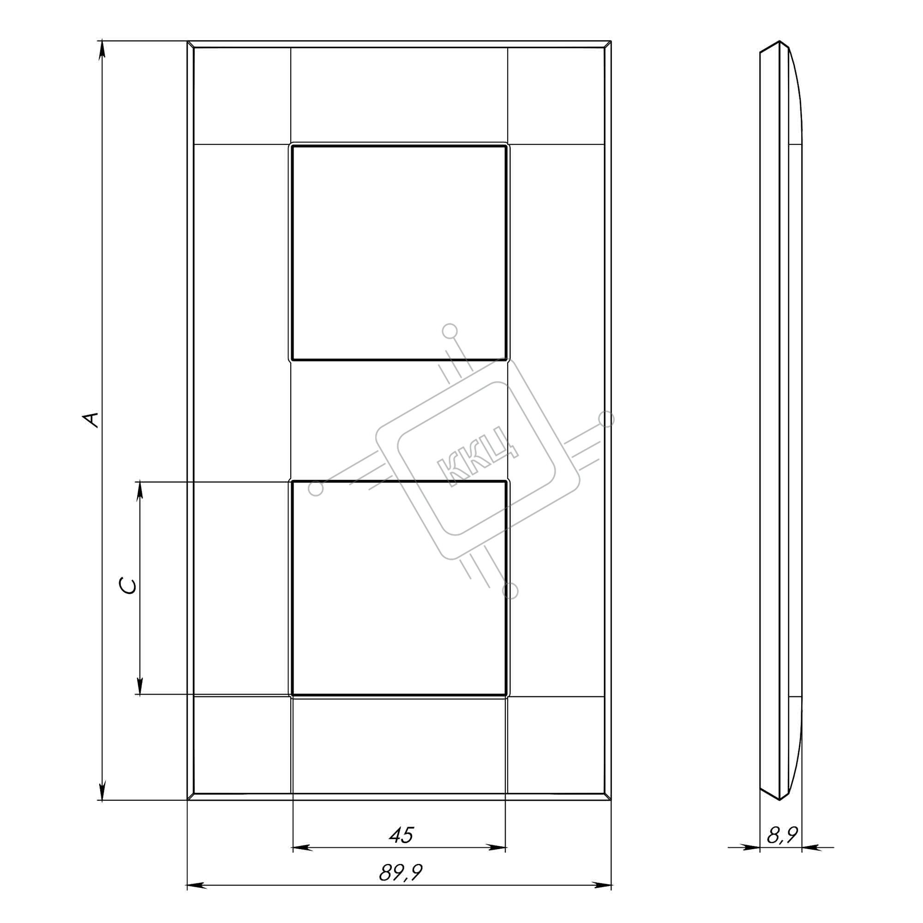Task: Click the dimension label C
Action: pos(128,586)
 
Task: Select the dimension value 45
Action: pos(401,836)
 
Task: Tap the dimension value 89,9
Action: pos(401,873)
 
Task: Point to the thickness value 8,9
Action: pos(783,835)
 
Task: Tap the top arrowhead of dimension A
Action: pos(102,50)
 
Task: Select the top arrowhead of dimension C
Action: pos(139,491)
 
